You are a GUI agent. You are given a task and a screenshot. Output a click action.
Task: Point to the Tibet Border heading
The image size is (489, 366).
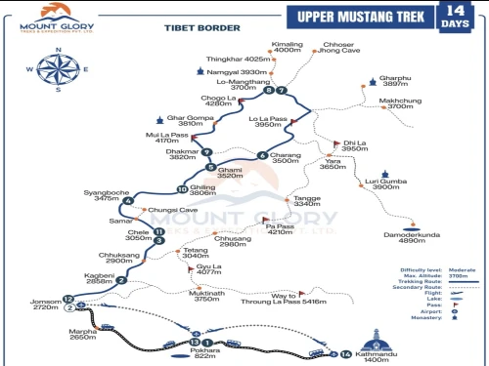coord(189,29)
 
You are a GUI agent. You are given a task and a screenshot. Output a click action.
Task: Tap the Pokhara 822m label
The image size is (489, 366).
coord(204,353)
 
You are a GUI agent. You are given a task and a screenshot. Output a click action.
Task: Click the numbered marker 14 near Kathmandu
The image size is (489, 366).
coord(345,353)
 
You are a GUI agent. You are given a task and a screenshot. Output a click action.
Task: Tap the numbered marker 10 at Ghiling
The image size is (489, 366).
coord(182,188)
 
